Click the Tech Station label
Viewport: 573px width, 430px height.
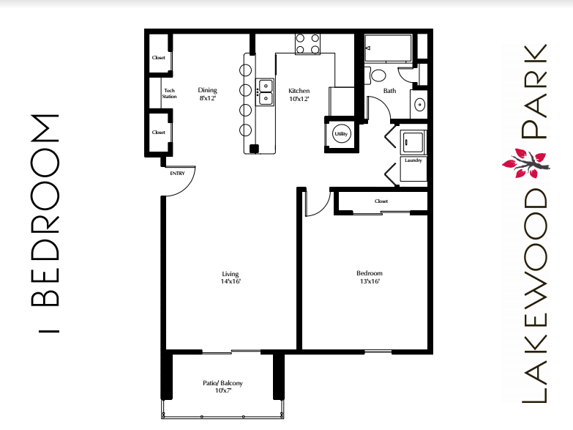(169, 93)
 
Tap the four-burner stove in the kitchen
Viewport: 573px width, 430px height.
(308, 44)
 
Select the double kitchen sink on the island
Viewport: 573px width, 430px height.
(265, 92)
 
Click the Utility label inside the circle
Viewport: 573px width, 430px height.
(340, 134)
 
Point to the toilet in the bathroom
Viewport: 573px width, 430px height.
(378, 75)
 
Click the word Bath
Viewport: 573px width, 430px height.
(389, 91)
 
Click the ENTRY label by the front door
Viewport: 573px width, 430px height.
(177, 174)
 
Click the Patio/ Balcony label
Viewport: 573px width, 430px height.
(222, 387)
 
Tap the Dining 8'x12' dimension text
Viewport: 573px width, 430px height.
(208, 94)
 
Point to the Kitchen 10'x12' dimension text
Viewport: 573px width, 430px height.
(299, 94)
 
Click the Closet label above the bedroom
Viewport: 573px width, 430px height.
(381, 201)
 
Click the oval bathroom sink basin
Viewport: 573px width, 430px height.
(419, 105)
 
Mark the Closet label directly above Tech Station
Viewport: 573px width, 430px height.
(159, 58)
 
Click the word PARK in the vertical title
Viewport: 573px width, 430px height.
(534, 92)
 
